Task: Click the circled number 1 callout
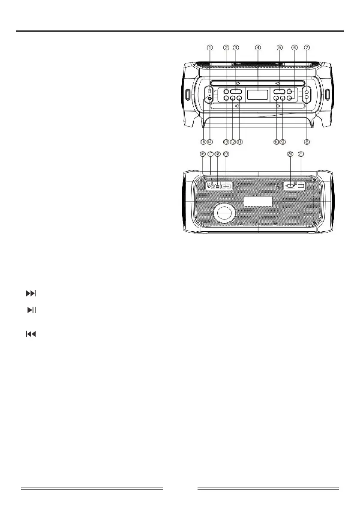[210, 48]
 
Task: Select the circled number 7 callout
[306, 48]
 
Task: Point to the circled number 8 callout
[307, 141]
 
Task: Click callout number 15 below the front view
[204, 141]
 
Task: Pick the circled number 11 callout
[240, 141]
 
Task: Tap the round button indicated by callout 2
[226, 91]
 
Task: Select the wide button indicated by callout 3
[236, 91]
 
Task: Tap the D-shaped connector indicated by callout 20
[290, 186]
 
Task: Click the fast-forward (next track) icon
[30, 294]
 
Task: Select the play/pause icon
[31, 310]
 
